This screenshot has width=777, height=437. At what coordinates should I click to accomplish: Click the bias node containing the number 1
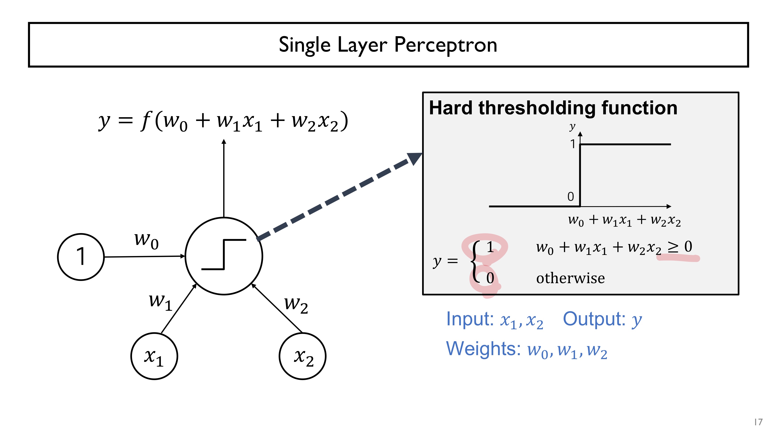(81, 257)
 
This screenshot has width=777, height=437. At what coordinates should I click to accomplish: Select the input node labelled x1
(154, 356)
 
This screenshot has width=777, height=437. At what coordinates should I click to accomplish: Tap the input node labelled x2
(303, 356)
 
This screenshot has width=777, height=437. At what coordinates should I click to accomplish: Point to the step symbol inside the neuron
(224, 254)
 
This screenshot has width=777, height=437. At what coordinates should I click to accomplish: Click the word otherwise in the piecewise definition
(570, 278)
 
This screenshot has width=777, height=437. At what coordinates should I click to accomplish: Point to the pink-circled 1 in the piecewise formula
(490, 247)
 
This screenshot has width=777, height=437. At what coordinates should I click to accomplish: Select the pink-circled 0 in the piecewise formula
(490, 278)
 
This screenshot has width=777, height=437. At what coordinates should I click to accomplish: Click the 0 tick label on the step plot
(570, 197)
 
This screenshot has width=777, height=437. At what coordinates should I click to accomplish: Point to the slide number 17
(758, 422)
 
